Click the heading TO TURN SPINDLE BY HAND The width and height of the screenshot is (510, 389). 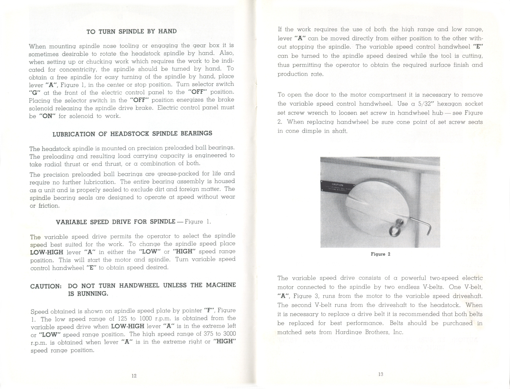pos(132,31)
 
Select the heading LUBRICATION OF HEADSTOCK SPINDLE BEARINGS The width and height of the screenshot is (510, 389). pos(132,134)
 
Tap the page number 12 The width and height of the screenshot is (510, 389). pos(134,376)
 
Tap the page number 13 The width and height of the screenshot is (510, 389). pos(380,374)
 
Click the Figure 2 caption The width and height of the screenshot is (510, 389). pos(380,254)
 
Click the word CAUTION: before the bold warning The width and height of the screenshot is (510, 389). pos(46,286)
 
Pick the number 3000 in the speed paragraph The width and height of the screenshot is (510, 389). pos(229,334)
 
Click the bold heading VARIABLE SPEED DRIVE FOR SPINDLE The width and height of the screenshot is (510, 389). pos(115,222)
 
